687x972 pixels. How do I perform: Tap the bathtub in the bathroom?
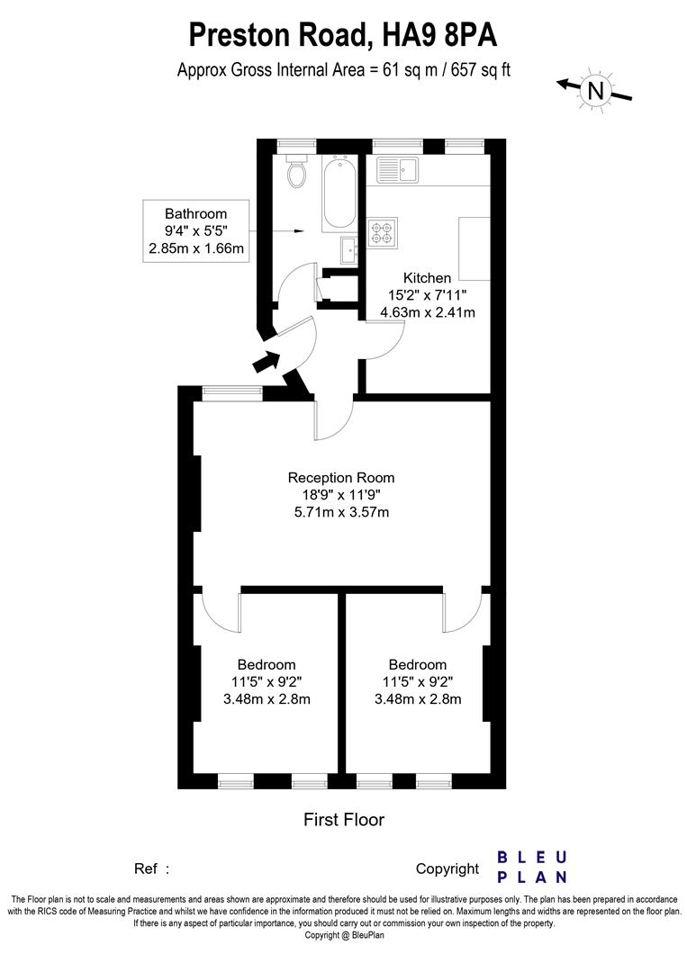(x=340, y=192)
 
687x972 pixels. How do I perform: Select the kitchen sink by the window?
(x=396, y=169)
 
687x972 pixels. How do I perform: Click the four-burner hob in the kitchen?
(x=382, y=232)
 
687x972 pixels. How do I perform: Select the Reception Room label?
(x=340, y=478)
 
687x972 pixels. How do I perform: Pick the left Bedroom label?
(x=267, y=665)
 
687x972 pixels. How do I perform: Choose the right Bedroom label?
(x=417, y=665)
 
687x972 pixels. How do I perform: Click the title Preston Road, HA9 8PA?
(x=343, y=36)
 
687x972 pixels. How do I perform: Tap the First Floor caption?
(x=343, y=820)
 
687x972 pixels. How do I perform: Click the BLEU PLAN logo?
(x=532, y=867)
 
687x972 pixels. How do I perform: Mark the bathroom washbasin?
(x=348, y=248)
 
